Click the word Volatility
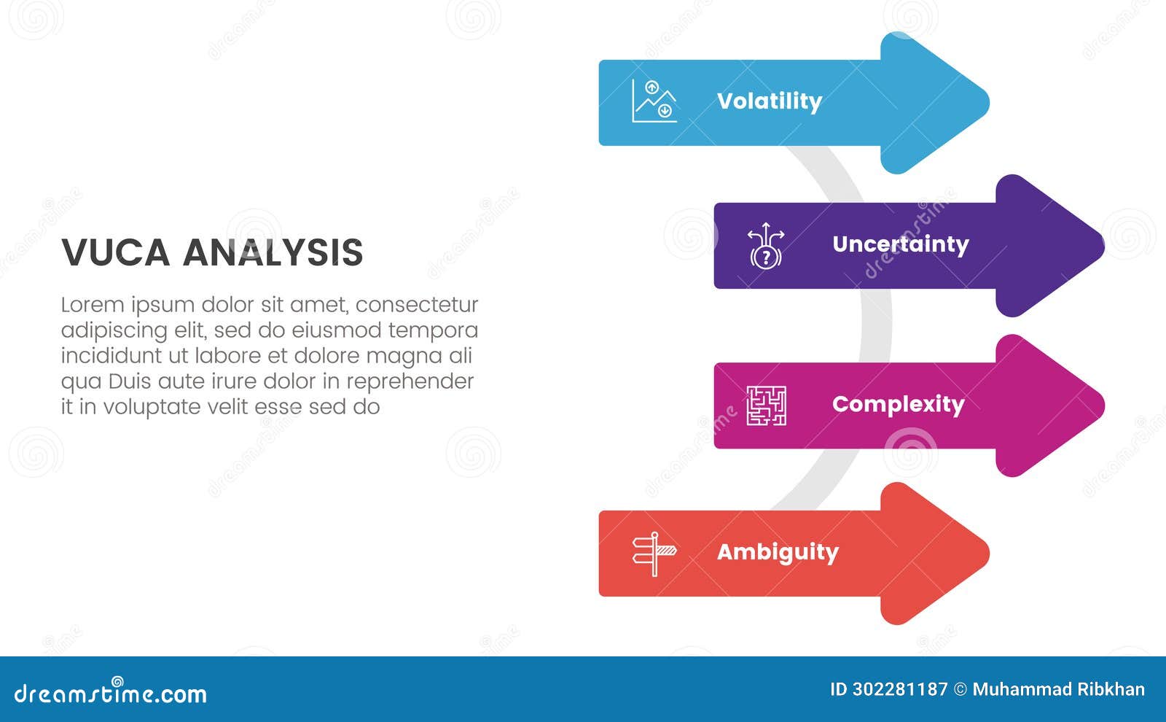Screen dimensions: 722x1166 tap(769, 101)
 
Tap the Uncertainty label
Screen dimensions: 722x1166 tap(900, 244)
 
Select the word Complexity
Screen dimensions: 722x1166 tap(898, 404)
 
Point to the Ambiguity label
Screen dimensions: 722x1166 tap(778, 552)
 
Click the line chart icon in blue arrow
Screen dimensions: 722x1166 tap(654, 101)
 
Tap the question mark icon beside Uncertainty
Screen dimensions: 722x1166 tap(765, 246)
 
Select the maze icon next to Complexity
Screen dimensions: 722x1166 tap(766, 405)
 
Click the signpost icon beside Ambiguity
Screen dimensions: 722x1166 tap(654, 554)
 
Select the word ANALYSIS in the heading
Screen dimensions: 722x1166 tap(273, 253)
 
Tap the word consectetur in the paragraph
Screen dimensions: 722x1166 tap(416, 304)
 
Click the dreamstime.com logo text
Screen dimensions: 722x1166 tap(110, 693)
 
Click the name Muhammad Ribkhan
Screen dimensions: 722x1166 tap(1058, 689)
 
